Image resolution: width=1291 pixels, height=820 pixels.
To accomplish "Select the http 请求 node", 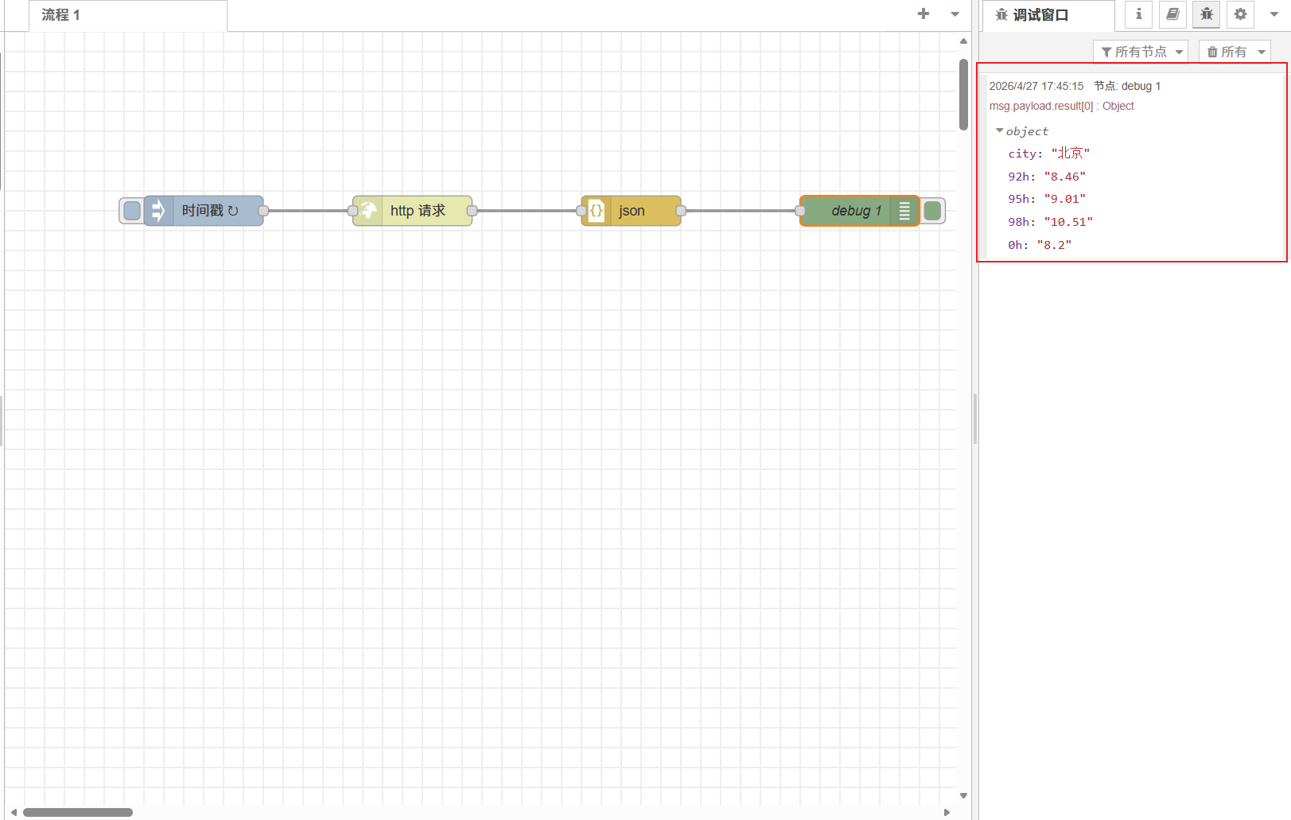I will tap(417, 211).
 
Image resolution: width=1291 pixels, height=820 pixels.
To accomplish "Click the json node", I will tap(632, 211).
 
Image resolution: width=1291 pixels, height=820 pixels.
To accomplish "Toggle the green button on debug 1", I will tap(933, 211).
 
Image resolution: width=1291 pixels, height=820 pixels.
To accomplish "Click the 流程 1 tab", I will tap(61, 15).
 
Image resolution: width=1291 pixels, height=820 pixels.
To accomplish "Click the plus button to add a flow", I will tap(924, 14).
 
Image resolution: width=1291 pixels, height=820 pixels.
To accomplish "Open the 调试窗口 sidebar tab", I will tap(1040, 15).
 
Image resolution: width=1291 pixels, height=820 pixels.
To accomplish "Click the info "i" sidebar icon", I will tap(1138, 14).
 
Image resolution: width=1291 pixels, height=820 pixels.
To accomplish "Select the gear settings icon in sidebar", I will tap(1240, 14).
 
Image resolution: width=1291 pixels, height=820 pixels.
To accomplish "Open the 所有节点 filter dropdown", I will tap(1141, 52).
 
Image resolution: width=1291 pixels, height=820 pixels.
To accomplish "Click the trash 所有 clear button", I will tap(1234, 52).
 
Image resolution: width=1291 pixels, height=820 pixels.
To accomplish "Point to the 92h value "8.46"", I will tap(1064, 177).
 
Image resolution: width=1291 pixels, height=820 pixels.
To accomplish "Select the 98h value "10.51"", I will tap(1068, 222).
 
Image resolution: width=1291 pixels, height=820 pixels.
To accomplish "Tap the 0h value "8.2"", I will tap(1054, 245).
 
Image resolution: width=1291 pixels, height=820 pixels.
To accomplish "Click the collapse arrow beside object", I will tap(1000, 130).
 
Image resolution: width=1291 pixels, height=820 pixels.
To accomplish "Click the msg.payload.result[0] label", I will tap(1040, 106).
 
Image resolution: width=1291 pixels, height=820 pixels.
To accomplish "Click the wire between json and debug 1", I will tap(740, 211).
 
